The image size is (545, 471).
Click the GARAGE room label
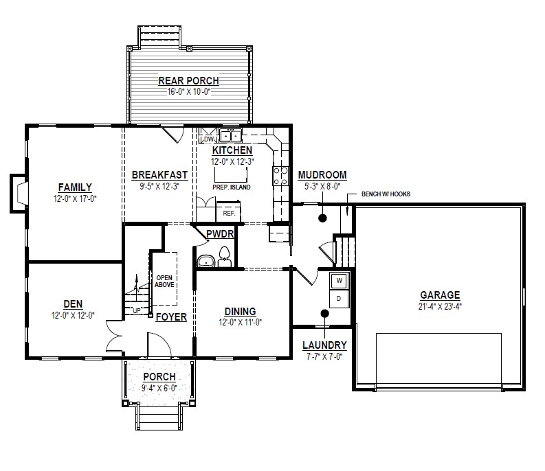(x=440, y=295)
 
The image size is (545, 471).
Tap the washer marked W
(x=340, y=281)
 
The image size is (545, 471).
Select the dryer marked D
(x=340, y=299)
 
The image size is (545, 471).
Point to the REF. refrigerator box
(x=229, y=211)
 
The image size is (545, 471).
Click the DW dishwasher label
(x=208, y=139)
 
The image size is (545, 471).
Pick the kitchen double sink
(x=231, y=135)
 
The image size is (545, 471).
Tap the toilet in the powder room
(x=225, y=257)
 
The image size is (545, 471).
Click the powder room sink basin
(x=206, y=261)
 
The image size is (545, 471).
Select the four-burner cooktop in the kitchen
(x=280, y=176)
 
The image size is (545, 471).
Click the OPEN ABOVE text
(x=164, y=281)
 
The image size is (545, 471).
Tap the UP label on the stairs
(x=137, y=310)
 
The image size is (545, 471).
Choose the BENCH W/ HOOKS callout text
(x=386, y=194)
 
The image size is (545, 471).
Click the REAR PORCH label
(x=189, y=80)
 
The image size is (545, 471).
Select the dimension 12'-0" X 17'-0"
(x=75, y=198)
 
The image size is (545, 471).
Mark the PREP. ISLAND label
(x=232, y=187)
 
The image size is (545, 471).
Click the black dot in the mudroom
(x=322, y=218)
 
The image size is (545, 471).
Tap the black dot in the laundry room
(x=324, y=313)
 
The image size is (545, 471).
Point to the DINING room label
(x=240, y=311)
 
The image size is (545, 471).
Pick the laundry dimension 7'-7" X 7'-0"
(x=324, y=356)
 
